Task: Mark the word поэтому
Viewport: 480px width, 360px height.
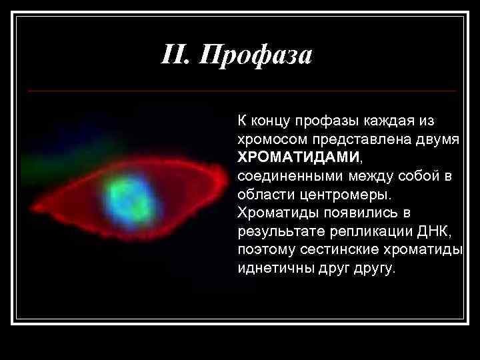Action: (261, 250)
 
